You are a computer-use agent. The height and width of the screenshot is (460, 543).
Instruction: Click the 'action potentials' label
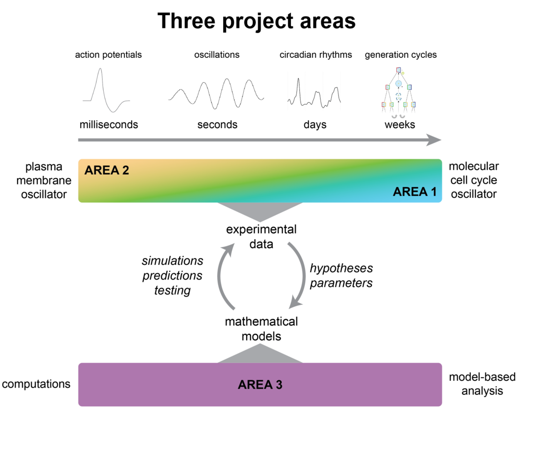108,55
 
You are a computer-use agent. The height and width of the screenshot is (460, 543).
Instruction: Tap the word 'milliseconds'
109,125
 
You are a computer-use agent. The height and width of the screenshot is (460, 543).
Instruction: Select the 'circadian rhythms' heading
316,55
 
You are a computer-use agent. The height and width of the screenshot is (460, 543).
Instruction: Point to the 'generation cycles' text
401,55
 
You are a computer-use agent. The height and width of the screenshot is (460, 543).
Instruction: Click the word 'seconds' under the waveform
217,125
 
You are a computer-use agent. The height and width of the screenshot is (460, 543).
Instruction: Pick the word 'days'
315,125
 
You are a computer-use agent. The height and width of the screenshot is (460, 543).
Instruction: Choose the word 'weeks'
400,125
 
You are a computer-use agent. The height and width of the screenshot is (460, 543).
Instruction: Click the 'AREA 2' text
107,171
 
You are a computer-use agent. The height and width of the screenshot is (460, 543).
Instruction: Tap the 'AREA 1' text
414,192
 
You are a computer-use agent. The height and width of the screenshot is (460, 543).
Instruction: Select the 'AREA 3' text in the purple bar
260,385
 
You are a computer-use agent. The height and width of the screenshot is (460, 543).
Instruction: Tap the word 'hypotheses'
341,268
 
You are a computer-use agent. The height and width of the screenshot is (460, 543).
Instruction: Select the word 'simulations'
172,260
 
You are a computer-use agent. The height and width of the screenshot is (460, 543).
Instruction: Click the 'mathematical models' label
261,329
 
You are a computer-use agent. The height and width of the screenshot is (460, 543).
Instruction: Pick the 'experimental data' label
261,236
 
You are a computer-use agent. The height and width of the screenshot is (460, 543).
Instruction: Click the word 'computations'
36,384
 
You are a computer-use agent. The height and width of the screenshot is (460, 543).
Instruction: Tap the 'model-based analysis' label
482,384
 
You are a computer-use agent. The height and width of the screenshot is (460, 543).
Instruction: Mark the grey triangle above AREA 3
260,354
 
